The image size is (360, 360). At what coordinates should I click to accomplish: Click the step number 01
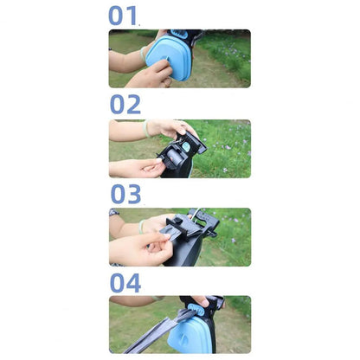pos(122,16)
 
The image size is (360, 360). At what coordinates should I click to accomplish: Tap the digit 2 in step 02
pos(133,104)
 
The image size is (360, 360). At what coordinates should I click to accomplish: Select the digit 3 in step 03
pos(134,194)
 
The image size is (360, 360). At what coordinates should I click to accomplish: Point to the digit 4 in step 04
pos(133,283)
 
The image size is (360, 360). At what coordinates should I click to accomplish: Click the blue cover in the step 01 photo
pos(169,58)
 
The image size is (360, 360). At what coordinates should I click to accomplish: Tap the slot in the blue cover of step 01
pos(167,58)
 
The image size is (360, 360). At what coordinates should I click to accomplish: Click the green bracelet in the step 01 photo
pos(143,54)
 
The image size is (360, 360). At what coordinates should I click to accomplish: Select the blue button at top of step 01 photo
pos(179,34)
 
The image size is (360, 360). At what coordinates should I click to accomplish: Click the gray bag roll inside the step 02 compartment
pos(175,157)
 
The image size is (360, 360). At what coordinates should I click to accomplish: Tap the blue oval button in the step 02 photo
pos(186,147)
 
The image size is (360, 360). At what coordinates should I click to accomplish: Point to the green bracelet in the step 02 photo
pos(146,129)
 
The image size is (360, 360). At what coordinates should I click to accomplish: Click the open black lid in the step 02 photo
pos(192,141)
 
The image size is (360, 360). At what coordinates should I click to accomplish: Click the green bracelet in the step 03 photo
pos(141,227)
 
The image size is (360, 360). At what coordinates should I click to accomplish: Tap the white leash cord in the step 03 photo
pos(196,214)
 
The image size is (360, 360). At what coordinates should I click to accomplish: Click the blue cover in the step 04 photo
pos(190,335)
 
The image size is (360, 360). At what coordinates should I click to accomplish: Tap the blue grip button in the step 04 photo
pos(197,309)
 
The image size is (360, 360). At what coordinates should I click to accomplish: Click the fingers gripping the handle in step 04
pos(201,301)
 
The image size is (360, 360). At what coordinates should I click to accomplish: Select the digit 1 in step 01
pos(132,16)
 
